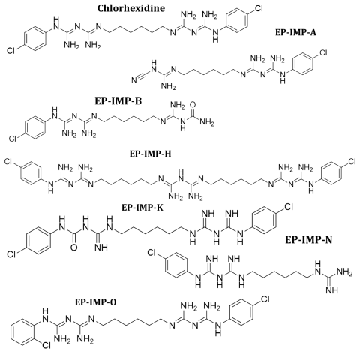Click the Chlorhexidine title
[131, 9]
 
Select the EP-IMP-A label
[295, 32]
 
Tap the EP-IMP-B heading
[118, 101]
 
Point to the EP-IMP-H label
[150, 154]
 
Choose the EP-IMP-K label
[142, 207]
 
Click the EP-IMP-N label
[309, 240]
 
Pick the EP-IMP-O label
[96, 302]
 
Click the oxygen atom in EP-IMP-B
[193, 105]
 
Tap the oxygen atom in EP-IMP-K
[73, 247]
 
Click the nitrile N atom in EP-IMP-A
[134, 80]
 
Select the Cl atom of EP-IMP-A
[323, 53]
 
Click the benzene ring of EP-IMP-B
[34, 127]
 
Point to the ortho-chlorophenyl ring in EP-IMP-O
[22, 331]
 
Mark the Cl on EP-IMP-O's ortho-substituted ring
[46, 346]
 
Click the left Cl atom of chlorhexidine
[11, 51]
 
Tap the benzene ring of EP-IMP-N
[176, 265]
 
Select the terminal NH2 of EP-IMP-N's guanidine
[345, 271]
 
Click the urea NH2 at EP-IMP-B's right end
[207, 122]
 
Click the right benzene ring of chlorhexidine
[237, 21]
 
